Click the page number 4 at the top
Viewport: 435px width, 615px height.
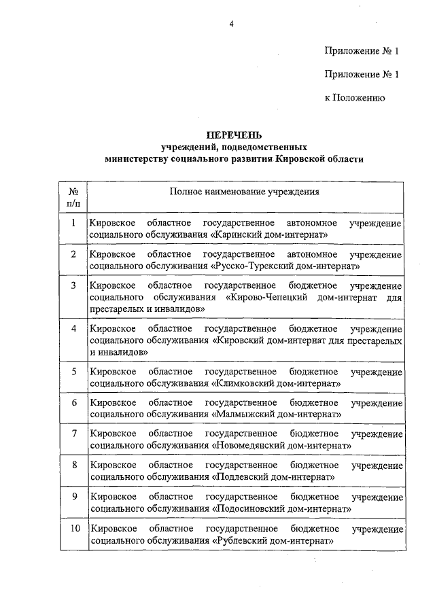click(231, 25)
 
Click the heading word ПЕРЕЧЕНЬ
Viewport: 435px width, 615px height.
click(234, 135)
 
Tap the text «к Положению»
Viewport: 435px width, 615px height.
click(355, 98)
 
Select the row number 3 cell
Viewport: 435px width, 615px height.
click(73, 285)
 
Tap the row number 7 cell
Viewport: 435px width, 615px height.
click(73, 433)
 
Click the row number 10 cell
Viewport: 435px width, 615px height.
click(73, 528)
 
